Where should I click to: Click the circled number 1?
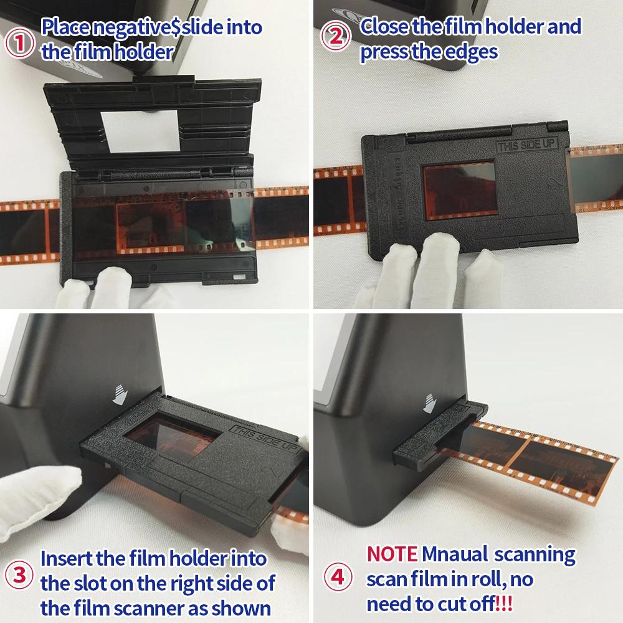tap(19, 42)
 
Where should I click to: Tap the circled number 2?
tap(336, 36)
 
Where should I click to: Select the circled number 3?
tap(19, 574)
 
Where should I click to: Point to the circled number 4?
tap(338, 576)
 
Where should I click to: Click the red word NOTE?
tap(392, 554)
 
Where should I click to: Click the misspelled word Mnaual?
tap(455, 554)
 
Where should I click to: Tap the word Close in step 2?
tap(384, 26)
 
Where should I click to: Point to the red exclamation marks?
tap(504, 604)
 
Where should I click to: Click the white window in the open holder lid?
tap(140, 131)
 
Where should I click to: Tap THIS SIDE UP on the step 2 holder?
tap(527, 145)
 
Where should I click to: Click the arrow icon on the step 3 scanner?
tap(119, 395)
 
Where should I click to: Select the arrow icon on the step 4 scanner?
tap(429, 403)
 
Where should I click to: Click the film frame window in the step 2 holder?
tap(460, 190)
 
